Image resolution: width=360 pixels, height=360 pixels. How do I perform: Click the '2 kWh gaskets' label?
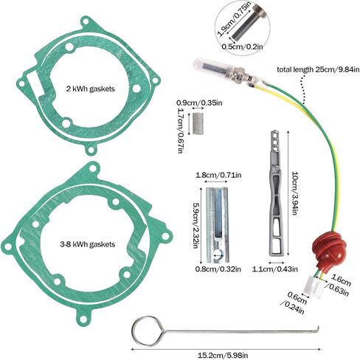(90, 89)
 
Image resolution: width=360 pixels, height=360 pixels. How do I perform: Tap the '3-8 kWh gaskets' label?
(88, 244)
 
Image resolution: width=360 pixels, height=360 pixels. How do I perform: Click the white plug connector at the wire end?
(315, 287)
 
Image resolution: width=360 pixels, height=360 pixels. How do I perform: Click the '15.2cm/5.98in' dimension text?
(223, 356)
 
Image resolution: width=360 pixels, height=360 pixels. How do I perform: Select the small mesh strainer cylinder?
(198, 123)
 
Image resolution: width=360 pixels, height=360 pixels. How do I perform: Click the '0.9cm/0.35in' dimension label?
(199, 103)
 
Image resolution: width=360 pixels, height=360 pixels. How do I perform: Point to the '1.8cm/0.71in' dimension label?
(218, 175)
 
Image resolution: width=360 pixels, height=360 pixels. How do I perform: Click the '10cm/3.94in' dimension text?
(294, 193)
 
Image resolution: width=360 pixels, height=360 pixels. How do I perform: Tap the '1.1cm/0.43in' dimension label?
(275, 269)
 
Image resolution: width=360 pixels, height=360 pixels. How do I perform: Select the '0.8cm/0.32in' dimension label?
(218, 269)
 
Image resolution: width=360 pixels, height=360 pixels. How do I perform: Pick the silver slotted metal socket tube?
(217, 224)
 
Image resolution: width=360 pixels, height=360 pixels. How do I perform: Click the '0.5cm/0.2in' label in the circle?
(242, 46)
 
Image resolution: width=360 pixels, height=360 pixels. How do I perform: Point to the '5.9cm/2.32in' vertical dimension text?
(196, 225)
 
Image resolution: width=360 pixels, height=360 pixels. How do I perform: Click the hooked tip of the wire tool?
(318, 329)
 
